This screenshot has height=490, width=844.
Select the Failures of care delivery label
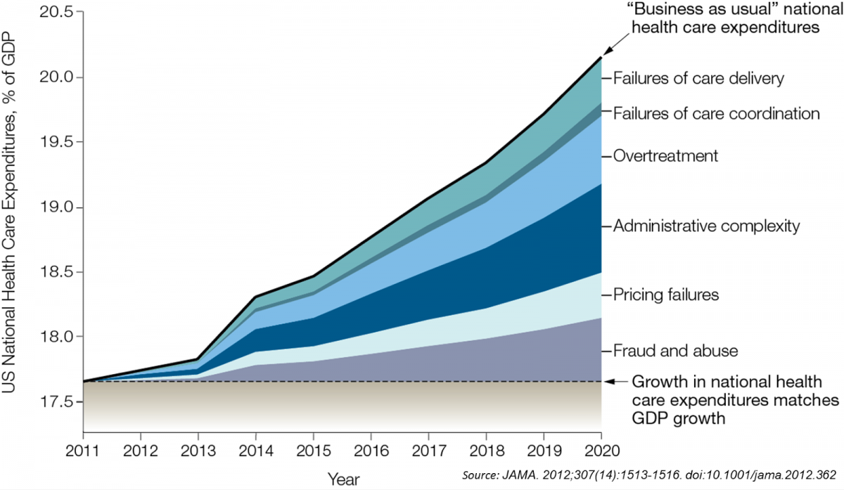(x=698, y=78)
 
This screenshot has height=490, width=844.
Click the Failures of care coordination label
(x=717, y=113)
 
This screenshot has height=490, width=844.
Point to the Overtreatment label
(x=665, y=155)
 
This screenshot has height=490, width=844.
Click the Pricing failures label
(x=666, y=295)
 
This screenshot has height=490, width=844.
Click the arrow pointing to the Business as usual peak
(x=611, y=45)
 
